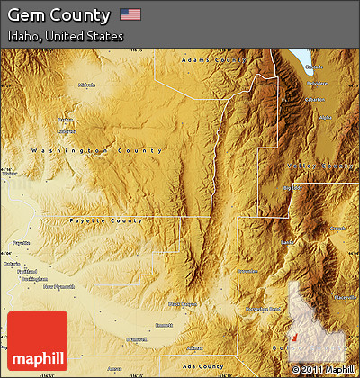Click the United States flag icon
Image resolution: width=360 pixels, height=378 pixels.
tap(130, 14)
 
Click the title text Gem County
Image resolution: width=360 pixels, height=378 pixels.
tap(59, 15)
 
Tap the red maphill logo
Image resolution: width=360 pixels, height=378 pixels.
tap(37, 341)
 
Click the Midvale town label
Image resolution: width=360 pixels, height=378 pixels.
tap(86, 85)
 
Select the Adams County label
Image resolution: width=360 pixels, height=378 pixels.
tap(212, 59)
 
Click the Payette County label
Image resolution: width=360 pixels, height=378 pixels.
tap(104, 220)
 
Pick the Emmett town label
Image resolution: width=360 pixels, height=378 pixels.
tap(164, 325)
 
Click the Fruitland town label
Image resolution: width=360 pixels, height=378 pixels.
tap(27, 271)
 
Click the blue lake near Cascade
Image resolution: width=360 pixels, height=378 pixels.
tap(299, 65)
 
